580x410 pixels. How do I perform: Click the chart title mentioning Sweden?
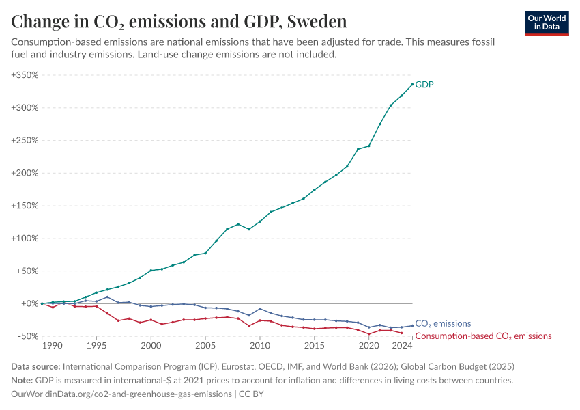pos(179,21)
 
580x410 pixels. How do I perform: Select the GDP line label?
pos(424,85)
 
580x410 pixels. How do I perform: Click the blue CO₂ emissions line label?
pos(443,324)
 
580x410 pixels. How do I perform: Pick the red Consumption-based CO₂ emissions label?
pos(483,336)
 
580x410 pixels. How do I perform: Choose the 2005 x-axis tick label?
pos(205,346)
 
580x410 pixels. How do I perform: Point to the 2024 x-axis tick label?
pos(403,346)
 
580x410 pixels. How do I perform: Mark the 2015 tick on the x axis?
pos(314,346)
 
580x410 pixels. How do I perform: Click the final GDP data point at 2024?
pos(412,84)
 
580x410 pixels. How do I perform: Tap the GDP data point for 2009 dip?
pos(249,229)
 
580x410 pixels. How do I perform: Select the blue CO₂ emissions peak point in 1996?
pos(107,297)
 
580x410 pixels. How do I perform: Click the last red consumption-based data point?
pos(401,333)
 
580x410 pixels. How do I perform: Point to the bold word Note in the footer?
pos(22,380)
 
